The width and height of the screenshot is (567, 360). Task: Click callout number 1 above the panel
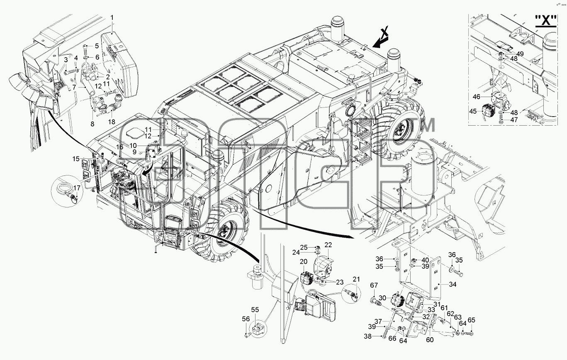pos(112,18)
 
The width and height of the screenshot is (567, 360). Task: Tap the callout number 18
pos(112,122)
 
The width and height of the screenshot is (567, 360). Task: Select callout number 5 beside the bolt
pos(97,46)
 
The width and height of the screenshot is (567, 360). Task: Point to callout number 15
pos(76,159)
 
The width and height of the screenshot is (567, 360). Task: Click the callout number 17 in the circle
pos(77,188)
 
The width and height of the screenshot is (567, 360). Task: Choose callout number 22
pos(328,245)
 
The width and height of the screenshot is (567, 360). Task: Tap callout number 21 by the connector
pos(356,279)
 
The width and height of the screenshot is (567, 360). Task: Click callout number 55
pos(255,310)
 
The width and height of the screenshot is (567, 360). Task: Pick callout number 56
pos(246,319)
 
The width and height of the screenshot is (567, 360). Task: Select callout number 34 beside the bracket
pos(453,284)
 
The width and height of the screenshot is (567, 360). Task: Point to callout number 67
pos(374,285)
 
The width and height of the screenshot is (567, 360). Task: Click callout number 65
pos(471,320)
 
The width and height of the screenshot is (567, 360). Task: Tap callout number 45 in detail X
pos(473,112)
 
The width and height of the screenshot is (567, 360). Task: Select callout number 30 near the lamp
pos(382,298)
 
